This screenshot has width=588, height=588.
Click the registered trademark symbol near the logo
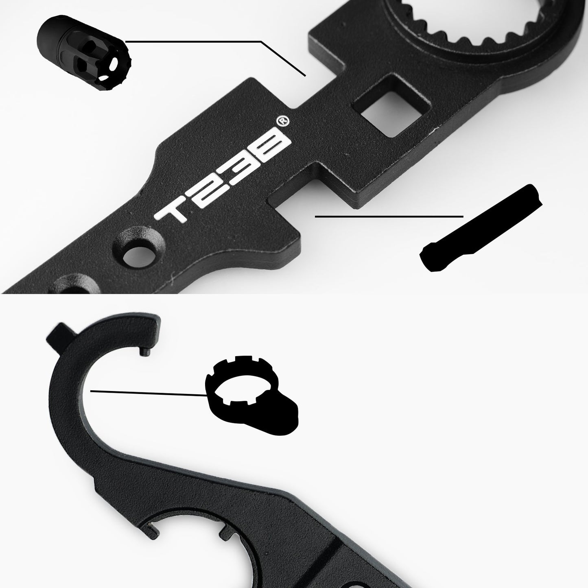280,121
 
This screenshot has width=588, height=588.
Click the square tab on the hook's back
57,333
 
